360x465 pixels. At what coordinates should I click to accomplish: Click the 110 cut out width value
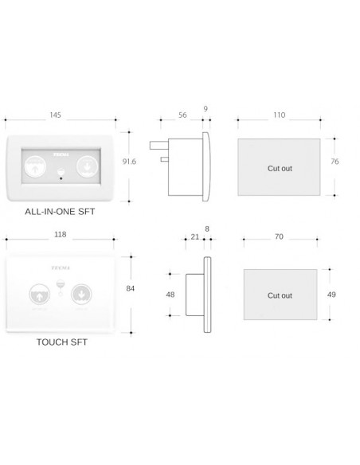tap(279, 115)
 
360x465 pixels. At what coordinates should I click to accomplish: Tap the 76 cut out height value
tap(335, 162)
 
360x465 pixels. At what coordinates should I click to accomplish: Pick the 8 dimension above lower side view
tap(208, 228)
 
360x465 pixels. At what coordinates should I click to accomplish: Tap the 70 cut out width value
tap(280, 236)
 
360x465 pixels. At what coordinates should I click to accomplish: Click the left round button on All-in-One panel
tap(34, 167)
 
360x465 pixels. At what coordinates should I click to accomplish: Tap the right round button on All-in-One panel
tap(86, 167)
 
